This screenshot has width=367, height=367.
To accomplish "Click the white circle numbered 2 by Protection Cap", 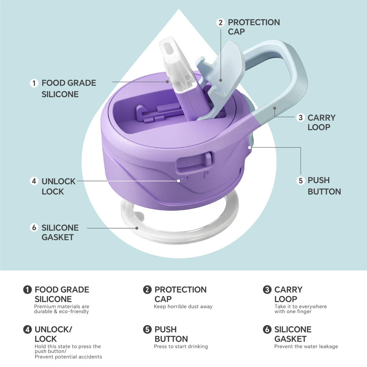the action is click(x=220, y=23).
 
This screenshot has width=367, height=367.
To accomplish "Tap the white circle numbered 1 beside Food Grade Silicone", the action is click(x=34, y=83).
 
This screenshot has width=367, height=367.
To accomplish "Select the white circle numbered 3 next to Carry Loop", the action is click(x=301, y=118).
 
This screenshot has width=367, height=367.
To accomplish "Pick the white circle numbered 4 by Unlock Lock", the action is click(x=34, y=181).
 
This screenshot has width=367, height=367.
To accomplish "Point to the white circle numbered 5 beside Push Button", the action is click(x=301, y=181).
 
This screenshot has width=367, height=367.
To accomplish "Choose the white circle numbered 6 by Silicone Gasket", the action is click(x=34, y=227).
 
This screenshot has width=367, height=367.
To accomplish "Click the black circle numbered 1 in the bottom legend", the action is click(x=27, y=290).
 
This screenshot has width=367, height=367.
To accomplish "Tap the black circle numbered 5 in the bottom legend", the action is click(x=147, y=329).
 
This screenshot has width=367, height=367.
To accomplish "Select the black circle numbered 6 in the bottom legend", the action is click(x=267, y=329).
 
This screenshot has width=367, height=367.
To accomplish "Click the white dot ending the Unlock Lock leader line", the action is click(x=178, y=181).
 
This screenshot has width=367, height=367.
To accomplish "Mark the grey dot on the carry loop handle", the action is click(x=275, y=108).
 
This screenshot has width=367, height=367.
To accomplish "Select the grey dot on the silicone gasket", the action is click(x=137, y=228).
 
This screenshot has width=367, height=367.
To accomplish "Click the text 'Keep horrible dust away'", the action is click(x=183, y=307).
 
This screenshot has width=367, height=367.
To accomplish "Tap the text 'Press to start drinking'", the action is click(x=181, y=347).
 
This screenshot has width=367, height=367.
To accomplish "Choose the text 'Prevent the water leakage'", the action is click(x=306, y=347).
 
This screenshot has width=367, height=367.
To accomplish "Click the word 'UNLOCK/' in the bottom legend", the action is click(x=53, y=330).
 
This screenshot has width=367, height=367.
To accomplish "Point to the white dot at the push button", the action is click(x=250, y=147).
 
